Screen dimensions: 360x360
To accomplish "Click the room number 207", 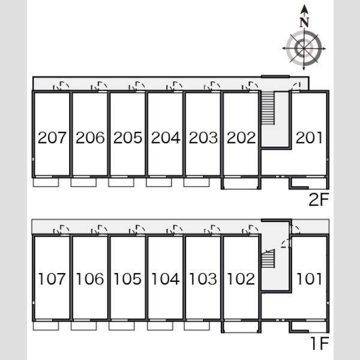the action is click(x=52, y=138).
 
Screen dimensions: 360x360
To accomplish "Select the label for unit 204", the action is click(x=166, y=138).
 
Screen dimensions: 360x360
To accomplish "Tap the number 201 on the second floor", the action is click(x=309, y=138).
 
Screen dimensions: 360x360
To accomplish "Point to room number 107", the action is click(x=52, y=279).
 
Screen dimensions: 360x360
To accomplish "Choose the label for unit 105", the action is click(x=128, y=279).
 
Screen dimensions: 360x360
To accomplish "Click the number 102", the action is click(x=241, y=279).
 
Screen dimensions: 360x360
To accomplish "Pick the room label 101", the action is click(x=309, y=279).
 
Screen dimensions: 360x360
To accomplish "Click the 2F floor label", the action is click(x=319, y=200).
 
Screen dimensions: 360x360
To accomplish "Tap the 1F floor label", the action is click(x=320, y=343).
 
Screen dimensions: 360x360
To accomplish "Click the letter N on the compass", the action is click(x=304, y=22).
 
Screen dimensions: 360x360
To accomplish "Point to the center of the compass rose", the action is click(x=304, y=49).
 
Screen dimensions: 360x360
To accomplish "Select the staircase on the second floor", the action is click(x=268, y=108).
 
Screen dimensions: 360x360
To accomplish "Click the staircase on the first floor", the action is click(x=268, y=258).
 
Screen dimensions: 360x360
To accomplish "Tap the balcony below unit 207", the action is click(x=46, y=182).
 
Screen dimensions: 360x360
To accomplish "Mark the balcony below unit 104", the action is click(x=160, y=326).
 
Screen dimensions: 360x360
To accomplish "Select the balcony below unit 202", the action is click(x=241, y=184).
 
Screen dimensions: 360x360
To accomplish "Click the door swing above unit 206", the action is click(x=99, y=86).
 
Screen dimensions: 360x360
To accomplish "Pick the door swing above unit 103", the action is click(x=212, y=230).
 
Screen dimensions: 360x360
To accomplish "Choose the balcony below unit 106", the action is click(x=84, y=326).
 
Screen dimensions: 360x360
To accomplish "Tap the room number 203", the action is click(x=203, y=138).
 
